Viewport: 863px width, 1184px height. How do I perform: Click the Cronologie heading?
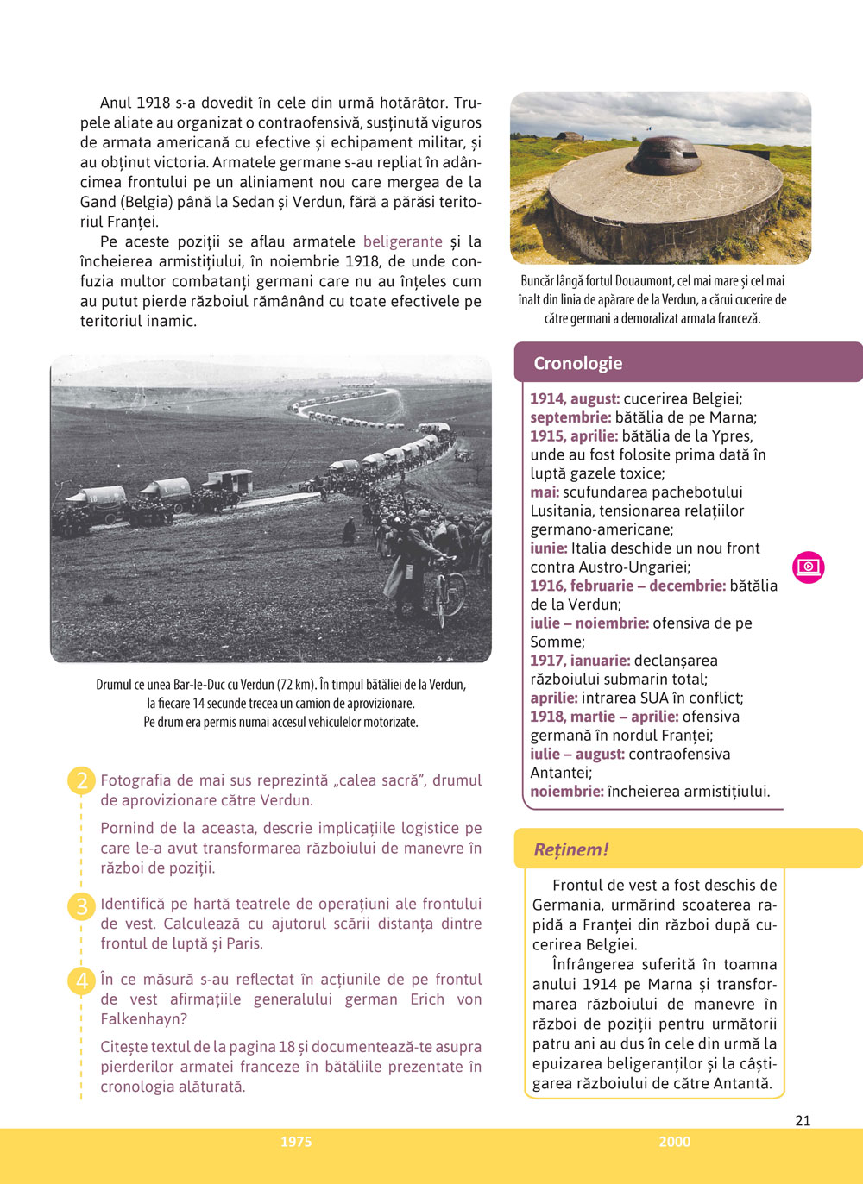tap(577, 363)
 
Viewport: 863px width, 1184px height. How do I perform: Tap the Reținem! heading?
tap(572, 849)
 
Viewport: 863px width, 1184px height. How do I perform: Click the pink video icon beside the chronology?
tap(809, 567)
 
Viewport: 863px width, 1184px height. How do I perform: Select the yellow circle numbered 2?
tap(81, 781)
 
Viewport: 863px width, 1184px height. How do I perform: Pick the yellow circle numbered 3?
tap(81, 905)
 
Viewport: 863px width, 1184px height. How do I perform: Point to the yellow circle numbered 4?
tap(81, 980)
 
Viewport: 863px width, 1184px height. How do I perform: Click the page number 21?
tap(803, 1120)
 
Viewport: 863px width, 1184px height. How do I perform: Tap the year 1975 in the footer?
tap(296, 1142)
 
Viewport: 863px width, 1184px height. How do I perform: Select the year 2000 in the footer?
tap(674, 1142)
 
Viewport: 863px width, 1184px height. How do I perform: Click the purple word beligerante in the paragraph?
tap(402, 241)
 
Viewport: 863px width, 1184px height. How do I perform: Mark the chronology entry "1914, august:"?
tap(575, 398)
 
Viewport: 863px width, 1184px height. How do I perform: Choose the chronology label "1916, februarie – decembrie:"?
tap(627, 586)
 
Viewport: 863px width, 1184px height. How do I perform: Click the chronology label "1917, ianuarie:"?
tap(580, 661)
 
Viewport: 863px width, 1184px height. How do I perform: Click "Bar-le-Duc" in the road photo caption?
tap(201, 685)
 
